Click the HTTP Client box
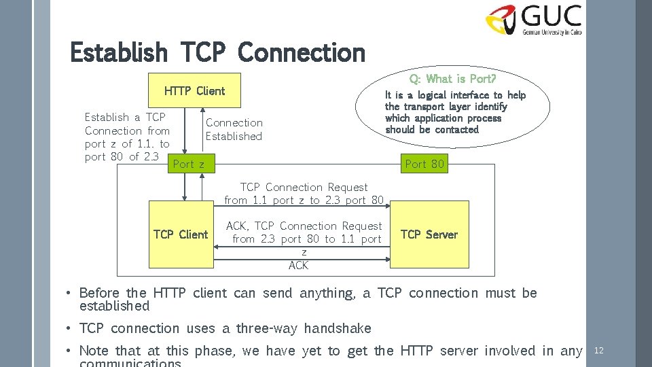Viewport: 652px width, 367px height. point(194,90)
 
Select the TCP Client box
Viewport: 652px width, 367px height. point(181,234)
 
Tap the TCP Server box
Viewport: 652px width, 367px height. point(429,234)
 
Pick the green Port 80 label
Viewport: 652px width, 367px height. point(424,164)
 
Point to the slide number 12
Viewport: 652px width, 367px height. point(599,351)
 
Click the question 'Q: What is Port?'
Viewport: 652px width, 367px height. point(452,79)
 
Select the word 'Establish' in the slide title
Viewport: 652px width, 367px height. point(119,52)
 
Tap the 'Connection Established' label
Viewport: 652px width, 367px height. point(234,129)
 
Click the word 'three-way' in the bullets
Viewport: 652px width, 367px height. point(267,328)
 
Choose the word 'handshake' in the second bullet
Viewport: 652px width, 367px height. point(338,328)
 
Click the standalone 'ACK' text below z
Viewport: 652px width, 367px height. point(298,265)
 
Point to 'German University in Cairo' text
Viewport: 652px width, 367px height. point(551,31)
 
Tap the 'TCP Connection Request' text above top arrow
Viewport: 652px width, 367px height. point(304,187)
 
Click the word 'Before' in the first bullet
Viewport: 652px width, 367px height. point(100,293)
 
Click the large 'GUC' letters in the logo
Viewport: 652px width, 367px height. point(551,15)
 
